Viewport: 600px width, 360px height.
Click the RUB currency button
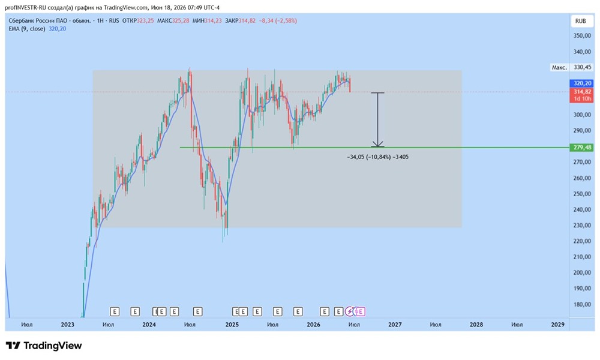pyautogui.click(x=580, y=21)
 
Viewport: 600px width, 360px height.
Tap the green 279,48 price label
pyautogui.click(x=582, y=148)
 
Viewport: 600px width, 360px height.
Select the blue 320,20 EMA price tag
pyautogui.click(x=582, y=83)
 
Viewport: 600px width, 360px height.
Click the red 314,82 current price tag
pyautogui.click(x=582, y=92)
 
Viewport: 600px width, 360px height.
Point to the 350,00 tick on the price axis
pyautogui.click(x=582, y=35)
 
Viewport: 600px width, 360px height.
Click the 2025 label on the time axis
pyautogui.click(x=232, y=325)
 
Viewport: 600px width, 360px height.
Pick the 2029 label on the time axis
pyautogui.click(x=557, y=325)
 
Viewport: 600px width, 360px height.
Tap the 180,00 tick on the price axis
pyautogui.click(x=582, y=305)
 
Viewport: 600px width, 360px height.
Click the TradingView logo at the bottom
pyautogui.click(x=44, y=346)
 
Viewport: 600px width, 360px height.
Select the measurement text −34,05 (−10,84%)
pyautogui.click(x=369, y=157)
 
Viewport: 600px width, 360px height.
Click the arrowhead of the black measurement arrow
pyautogui.click(x=377, y=145)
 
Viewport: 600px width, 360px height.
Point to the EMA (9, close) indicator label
pyautogui.click(x=27, y=29)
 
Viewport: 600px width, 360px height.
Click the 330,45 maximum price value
pyautogui.click(x=582, y=67)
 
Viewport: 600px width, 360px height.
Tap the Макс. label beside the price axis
pyautogui.click(x=559, y=67)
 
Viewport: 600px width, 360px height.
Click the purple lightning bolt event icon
pyautogui.click(x=350, y=312)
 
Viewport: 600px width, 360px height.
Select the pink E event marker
pyautogui.click(x=360, y=312)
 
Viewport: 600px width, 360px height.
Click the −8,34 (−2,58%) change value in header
pyautogui.click(x=278, y=20)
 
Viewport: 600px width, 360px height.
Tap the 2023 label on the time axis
pyautogui.click(x=67, y=325)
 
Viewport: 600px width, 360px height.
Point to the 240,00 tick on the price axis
pyautogui.click(x=582, y=209)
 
